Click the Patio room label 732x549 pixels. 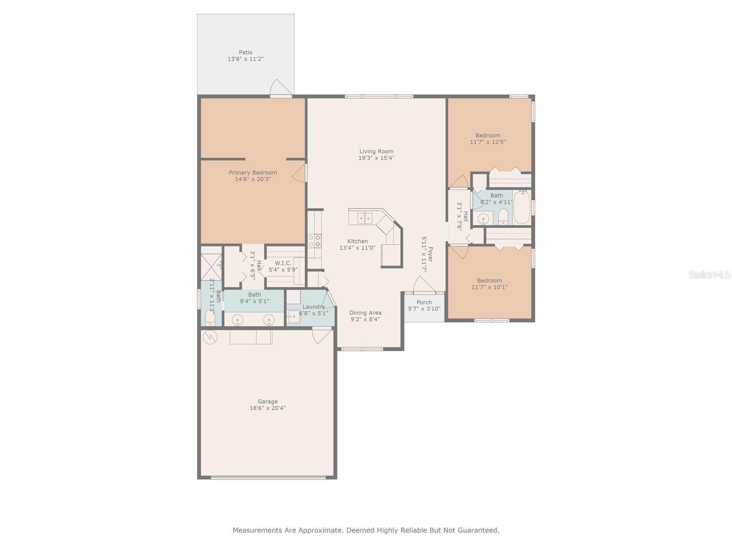(245, 52)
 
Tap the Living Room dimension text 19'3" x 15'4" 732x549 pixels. (376, 158)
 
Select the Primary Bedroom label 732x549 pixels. (253, 172)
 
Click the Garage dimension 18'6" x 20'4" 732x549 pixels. (268, 408)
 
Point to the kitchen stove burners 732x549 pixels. (314, 241)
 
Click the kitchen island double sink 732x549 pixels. (365, 218)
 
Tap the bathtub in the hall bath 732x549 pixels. (522, 207)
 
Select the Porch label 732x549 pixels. (424, 302)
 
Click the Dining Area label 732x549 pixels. (365, 312)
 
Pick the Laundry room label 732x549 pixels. (313, 307)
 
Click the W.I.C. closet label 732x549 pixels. (283, 263)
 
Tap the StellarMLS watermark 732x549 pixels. (709, 275)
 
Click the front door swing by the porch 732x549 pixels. (424, 284)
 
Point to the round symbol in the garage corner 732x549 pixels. (210, 338)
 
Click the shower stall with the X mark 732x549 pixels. (211, 267)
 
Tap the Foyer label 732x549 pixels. (430, 254)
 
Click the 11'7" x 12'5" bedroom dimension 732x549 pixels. (488, 142)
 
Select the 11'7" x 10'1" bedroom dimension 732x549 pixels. (489, 287)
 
